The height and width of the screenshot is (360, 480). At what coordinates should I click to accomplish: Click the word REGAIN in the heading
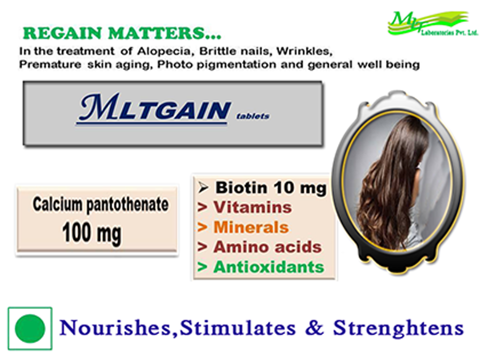(62, 33)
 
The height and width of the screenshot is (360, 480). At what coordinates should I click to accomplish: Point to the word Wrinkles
(304, 51)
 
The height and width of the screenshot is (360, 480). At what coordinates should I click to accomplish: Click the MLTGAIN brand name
(153, 108)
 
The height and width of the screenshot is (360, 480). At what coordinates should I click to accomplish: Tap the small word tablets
(253, 116)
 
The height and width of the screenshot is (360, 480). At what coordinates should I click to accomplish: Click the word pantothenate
(127, 205)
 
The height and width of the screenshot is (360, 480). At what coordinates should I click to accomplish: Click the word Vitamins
(252, 207)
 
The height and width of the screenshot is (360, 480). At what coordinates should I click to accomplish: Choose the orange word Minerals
(251, 227)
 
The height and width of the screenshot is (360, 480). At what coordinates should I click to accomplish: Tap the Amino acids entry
(267, 247)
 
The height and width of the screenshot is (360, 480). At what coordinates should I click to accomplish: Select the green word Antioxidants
(269, 267)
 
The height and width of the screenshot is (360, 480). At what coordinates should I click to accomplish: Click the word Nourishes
(115, 328)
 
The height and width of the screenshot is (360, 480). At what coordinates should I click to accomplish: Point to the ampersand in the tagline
(314, 327)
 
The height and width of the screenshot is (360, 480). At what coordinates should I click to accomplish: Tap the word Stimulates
(237, 327)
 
